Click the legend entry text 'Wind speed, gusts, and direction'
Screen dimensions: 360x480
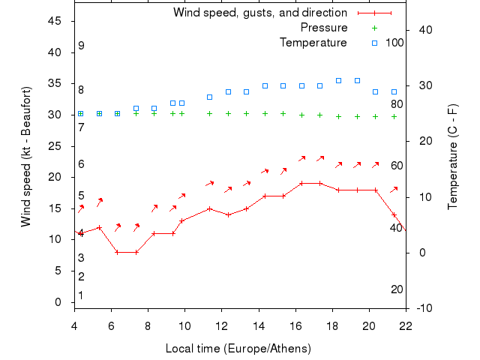[259, 13]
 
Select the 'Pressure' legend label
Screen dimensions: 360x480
[324, 28]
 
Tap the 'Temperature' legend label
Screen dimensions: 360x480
[313, 43]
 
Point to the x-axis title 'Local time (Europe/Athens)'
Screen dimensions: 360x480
[238, 349]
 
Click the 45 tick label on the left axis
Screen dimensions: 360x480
[55, 21]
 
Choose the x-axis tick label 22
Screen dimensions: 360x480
[406, 325]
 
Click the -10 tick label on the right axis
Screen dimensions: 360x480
[423, 308]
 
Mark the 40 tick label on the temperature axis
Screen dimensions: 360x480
[421, 30]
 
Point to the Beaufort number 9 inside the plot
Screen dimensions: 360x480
[81, 46]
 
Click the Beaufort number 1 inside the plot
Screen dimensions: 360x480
[81, 295]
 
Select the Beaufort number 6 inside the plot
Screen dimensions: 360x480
[81, 164]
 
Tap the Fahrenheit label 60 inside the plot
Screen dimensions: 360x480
[397, 166]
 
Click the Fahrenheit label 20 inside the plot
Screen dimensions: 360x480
[397, 289]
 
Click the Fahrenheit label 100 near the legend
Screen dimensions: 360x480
[394, 43]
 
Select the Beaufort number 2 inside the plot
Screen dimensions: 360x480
[81, 277]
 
